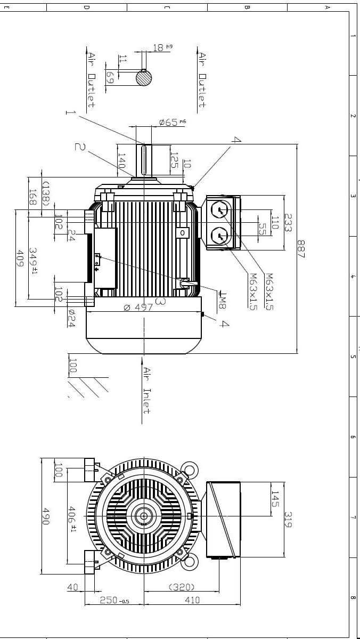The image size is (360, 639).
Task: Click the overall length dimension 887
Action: pyautogui.click(x=301, y=249)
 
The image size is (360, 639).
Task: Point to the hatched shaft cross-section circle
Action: pyautogui.click(x=144, y=78)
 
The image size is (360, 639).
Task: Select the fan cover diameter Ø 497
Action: pyautogui.click(x=138, y=308)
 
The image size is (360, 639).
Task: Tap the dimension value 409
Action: pyautogui.click(x=21, y=258)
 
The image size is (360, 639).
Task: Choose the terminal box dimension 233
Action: pyautogui.click(x=288, y=222)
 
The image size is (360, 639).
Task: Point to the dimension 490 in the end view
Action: pyautogui.click(x=45, y=516)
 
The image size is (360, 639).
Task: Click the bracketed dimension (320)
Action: pyautogui.click(x=181, y=587)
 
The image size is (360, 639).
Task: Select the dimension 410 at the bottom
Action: pyautogui.click(x=192, y=600)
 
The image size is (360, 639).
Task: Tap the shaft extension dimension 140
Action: pyautogui.click(x=121, y=161)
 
